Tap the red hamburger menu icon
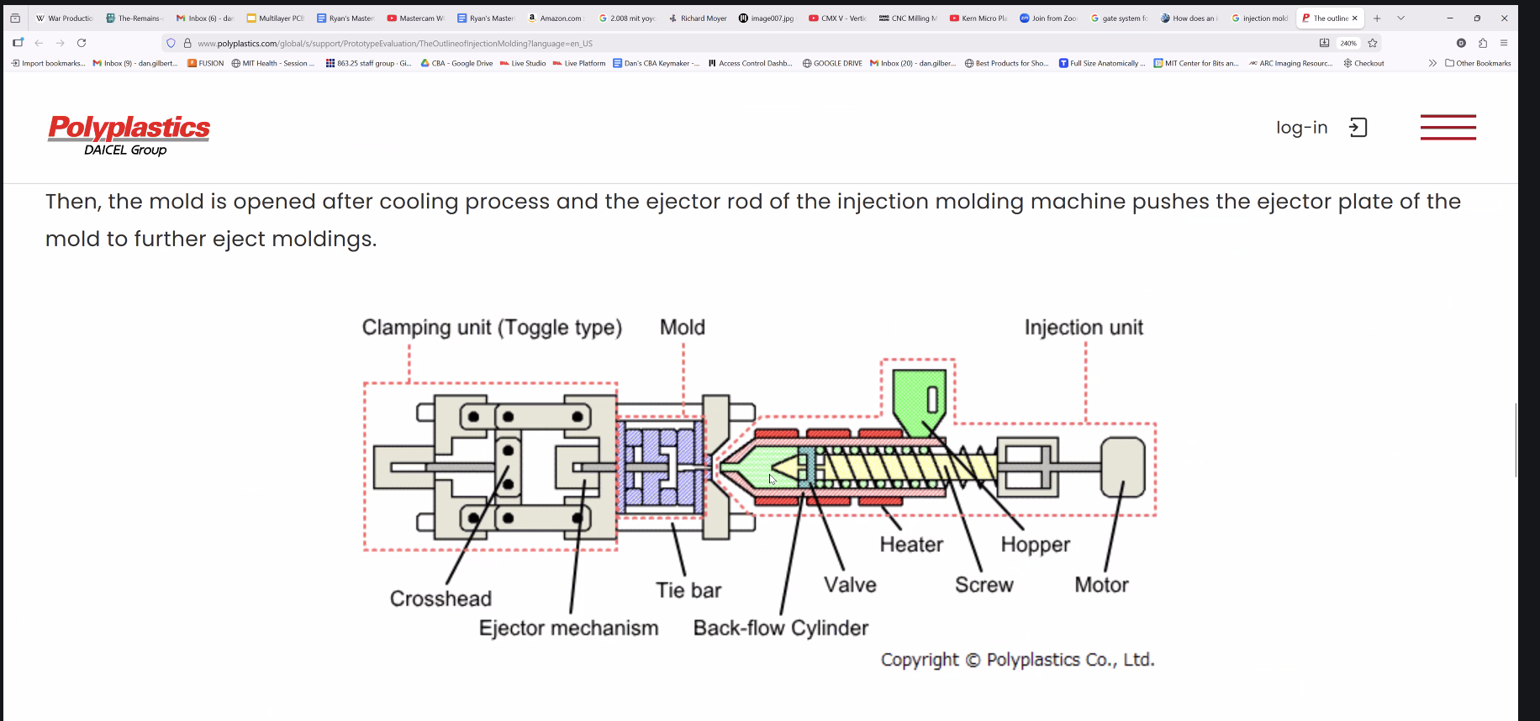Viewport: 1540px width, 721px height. tap(1448, 128)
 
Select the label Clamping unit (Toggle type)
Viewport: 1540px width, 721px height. tap(492, 328)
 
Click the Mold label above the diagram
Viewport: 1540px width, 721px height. tap(682, 328)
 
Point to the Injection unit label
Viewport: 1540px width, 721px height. tap(1083, 328)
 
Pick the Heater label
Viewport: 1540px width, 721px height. tap(911, 545)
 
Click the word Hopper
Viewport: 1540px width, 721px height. tap(1035, 545)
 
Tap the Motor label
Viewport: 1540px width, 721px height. tap(1101, 585)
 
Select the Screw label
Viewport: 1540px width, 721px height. tap(984, 585)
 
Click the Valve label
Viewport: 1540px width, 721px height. tap(850, 585)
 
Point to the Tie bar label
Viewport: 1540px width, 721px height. tap(688, 591)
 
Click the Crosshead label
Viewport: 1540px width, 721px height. tap(440, 598)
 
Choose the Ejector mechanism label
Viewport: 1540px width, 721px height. tap(568, 629)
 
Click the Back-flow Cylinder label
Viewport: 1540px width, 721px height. tap(780, 629)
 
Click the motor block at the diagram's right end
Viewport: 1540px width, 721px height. tap(1123, 466)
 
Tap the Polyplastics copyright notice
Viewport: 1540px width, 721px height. tap(1017, 660)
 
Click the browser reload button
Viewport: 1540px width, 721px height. tap(82, 43)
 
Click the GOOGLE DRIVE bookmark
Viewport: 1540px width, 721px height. tap(832, 63)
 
